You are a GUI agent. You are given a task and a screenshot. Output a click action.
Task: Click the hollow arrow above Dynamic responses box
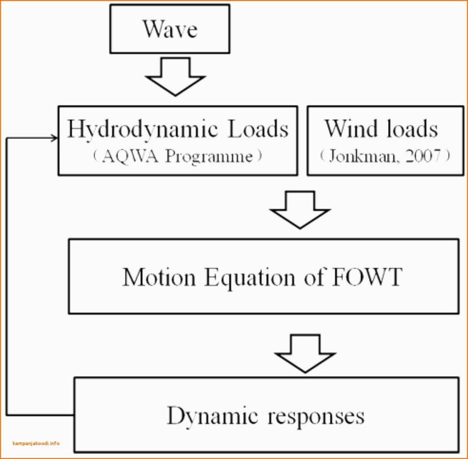305,352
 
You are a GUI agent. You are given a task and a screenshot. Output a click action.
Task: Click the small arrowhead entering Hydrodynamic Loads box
54,138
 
